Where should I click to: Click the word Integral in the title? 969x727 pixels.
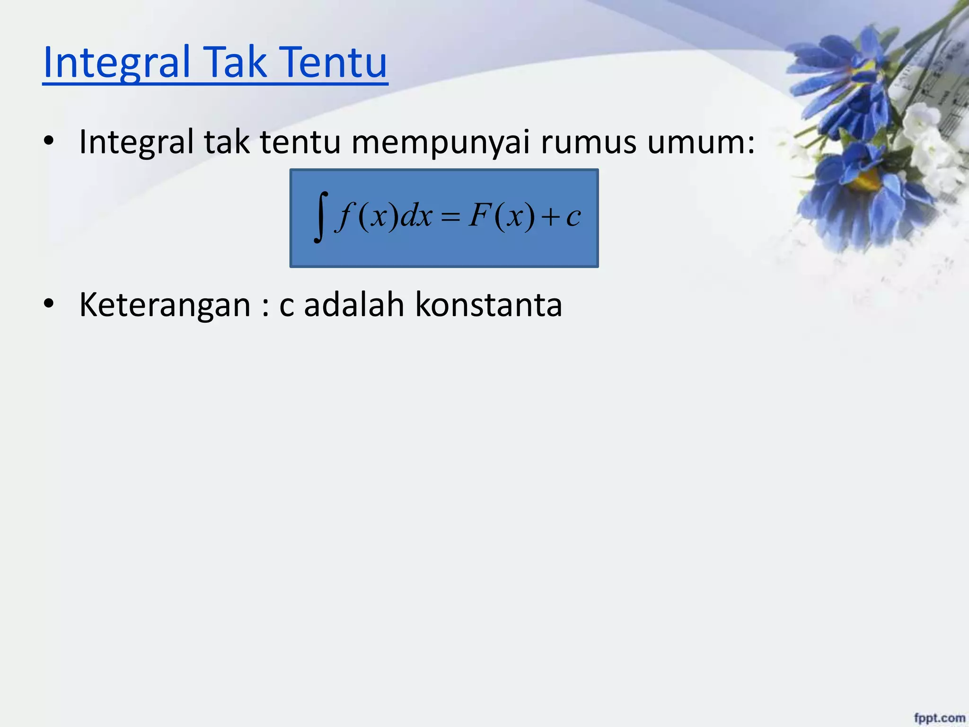click(x=116, y=62)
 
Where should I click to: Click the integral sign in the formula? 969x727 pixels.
click(x=321, y=217)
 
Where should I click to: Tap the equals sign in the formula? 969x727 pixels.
click(x=450, y=218)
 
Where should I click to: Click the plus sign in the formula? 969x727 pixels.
click(x=551, y=218)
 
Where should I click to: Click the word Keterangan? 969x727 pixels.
click(x=165, y=305)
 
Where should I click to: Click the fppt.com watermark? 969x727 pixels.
click(x=939, y=718)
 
